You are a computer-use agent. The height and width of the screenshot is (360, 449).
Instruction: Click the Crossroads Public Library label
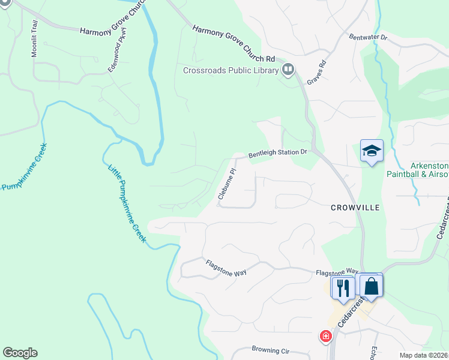(x=231, y=71)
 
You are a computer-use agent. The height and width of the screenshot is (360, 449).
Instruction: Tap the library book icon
(x=288, y=71)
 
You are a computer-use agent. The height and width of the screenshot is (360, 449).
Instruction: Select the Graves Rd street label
(x=316, y=72)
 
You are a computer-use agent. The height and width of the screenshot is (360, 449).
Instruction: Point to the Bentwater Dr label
(x=369, y=37)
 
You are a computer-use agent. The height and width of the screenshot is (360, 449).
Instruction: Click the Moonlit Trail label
(x=35, y=39)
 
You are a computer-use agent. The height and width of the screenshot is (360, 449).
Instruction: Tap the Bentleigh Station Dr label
(x=278, y=153)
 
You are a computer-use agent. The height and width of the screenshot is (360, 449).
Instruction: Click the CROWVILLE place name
(x=355, y=208)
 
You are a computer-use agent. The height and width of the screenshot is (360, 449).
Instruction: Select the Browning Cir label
(x=270, y=350)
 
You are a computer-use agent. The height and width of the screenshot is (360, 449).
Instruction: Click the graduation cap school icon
(x=372, y=151)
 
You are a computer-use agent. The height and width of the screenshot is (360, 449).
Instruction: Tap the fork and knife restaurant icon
(x=343, y=287)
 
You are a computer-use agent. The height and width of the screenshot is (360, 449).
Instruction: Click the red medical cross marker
(x=326, y=337)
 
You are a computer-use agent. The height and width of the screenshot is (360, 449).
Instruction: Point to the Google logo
(x=20, y=353)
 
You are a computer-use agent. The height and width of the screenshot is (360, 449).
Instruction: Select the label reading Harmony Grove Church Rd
(x=234, y=44)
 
